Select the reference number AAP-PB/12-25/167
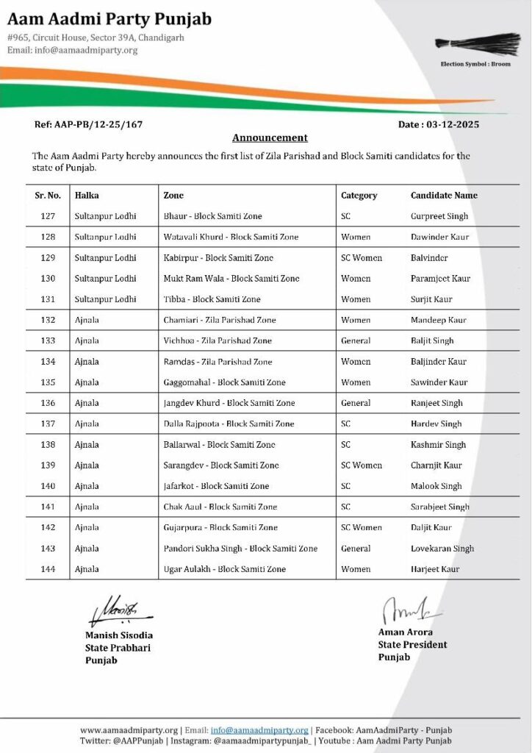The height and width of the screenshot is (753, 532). point(89,124)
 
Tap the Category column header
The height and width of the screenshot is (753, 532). point(359,196)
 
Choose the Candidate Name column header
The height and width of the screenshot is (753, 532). point(444,196)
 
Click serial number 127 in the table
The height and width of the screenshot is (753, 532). point(48,216)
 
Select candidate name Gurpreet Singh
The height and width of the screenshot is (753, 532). point(439,216)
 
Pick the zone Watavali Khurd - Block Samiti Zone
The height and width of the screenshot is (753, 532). point(231,238)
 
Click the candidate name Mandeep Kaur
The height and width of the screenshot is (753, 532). point(439,320)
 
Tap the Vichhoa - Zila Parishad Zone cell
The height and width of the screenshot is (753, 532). point(218,340)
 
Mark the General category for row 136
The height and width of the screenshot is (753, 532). point(356,403)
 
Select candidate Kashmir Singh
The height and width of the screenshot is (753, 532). point(438,445)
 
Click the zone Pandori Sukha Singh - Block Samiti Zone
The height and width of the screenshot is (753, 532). point(240,549)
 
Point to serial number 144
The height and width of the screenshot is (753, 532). point(48,569)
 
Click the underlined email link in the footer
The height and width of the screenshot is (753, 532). point(259,730)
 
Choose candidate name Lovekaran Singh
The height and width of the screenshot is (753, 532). point(442,549)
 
